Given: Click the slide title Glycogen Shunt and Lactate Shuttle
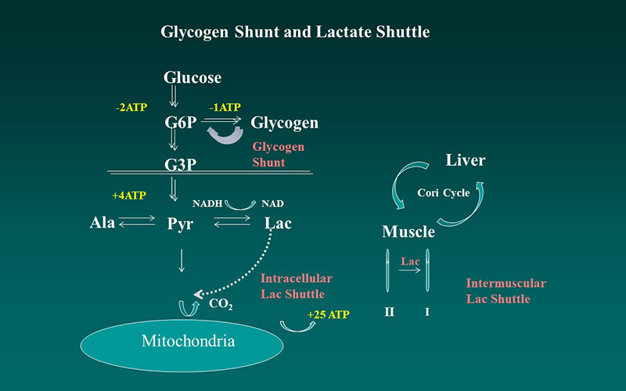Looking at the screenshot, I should click(295, 32).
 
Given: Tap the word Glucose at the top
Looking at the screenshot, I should click(192, 77).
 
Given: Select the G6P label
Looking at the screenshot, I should click(180, 123).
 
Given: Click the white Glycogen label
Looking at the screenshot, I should click(284, 123).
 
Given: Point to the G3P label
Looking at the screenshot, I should click(180, 165).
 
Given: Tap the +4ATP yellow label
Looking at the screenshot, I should click(130, 194).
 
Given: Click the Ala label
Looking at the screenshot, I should click(102, 223).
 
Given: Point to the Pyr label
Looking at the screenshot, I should click(180, 224).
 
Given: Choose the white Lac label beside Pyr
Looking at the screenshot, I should click(278, 223).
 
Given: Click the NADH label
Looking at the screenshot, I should click(207, 203).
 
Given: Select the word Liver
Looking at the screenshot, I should click(466, 160).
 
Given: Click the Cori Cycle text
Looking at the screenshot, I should click(443, 193).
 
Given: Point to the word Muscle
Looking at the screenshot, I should click(408, 231).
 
